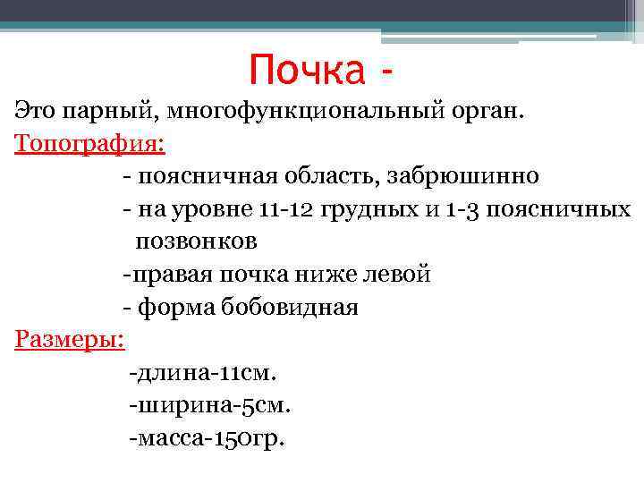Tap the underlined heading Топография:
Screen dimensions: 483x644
[92, 142]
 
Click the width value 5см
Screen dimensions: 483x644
[267, 406]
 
